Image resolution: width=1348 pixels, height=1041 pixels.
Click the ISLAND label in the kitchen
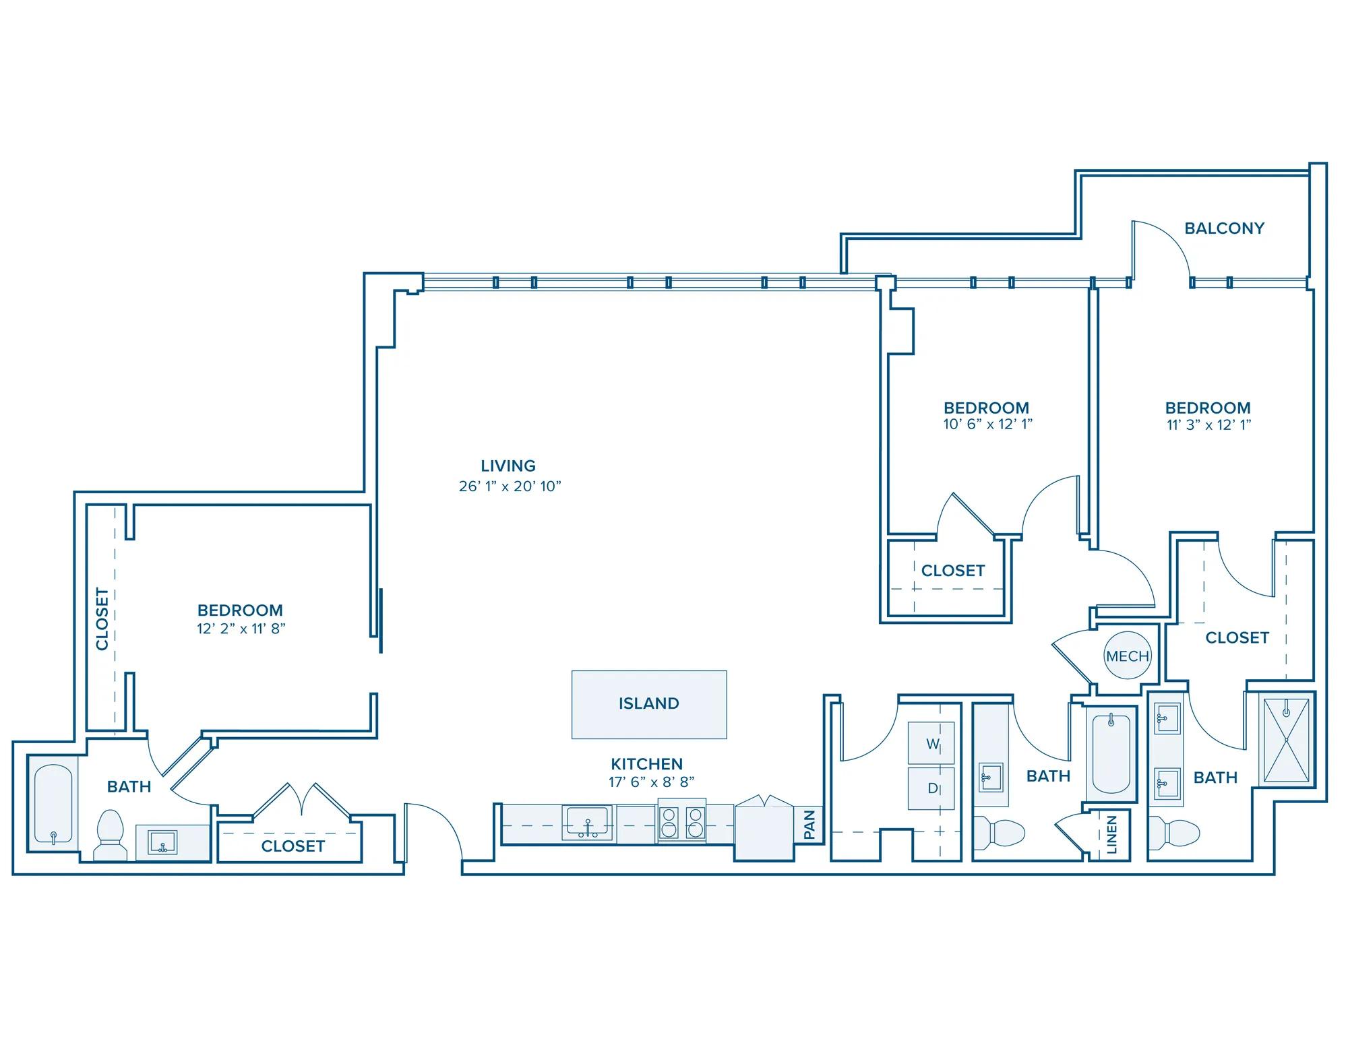coord(648,703)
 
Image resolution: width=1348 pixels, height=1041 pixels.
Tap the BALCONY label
coord(1224,228)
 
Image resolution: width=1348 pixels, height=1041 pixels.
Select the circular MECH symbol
coord(1128,656)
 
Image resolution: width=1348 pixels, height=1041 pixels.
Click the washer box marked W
coord(931,744)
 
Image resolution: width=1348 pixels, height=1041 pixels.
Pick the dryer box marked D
coord(931,788)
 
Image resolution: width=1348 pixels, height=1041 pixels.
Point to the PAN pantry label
coord(809,825)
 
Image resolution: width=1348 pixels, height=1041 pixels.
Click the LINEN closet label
coord(1111,834)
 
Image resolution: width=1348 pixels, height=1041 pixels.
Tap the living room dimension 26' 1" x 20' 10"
coord(510,486)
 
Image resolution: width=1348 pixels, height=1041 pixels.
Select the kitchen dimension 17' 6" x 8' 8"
coord(651,782)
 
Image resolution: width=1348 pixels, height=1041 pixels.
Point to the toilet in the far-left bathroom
coord(110,835)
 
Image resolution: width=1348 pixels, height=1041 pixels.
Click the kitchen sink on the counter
coord(588,823)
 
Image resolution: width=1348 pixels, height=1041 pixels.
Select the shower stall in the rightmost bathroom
coord(1286,740)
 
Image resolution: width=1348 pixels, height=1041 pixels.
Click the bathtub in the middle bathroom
coord(1110,754)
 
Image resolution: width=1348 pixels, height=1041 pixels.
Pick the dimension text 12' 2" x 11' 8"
coord(241,629)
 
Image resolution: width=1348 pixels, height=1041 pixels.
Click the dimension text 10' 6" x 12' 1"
coord(988,424)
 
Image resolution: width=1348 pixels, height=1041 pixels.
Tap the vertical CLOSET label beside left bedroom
coord(102,619)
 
